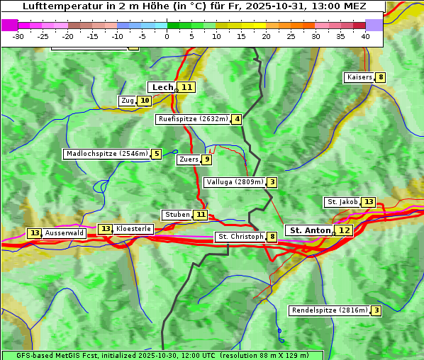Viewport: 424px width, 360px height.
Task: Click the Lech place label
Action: click(162, 87)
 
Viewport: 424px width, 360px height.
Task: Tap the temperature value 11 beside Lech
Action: click(186, 87)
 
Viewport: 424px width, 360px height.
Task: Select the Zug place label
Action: click(127, 101)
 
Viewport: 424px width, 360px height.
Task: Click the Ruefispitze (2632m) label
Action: click(193, 119)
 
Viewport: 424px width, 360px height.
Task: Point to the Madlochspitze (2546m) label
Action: click(106, 154)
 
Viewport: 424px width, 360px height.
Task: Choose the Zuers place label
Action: click(189, 159)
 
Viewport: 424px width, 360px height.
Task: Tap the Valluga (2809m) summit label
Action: click(235, 182)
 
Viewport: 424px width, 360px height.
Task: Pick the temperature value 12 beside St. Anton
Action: click(344, 230)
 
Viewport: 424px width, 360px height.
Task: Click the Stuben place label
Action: click(177, 215)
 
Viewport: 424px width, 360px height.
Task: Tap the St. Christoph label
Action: click(240, 237)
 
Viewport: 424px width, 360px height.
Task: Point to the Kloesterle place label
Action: click(133, 229)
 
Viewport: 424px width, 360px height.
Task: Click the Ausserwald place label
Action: click(65, 233)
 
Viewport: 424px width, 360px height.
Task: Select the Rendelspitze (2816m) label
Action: click(330, 310)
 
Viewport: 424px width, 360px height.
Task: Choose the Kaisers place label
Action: click(359, 77)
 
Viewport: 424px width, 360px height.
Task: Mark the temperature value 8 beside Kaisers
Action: click(381, 77)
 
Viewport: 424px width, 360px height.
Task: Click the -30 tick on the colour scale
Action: click(18, 36)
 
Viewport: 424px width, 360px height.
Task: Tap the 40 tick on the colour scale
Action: click(365, 36)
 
